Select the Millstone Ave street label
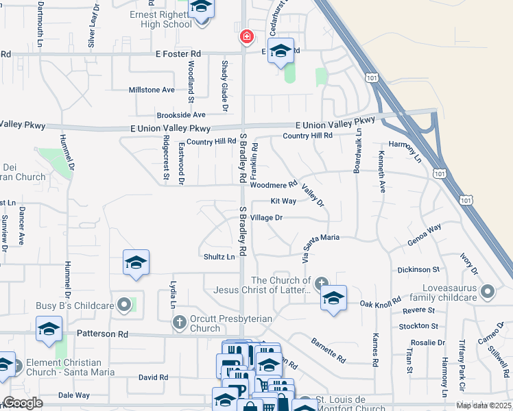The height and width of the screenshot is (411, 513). [x=152, y=90]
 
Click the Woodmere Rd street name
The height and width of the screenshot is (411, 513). [x=273, y=184]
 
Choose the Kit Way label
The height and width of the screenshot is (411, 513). [x=283, y=201]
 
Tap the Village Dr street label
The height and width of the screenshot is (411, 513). [x=267, y=217]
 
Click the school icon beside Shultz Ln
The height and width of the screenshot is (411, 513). [x=136, y=263]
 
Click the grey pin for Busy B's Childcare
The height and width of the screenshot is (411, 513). [x=124, y=303]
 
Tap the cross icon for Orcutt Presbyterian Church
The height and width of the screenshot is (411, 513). [x=180, y=321]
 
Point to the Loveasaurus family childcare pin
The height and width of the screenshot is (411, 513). [x=488, y=292]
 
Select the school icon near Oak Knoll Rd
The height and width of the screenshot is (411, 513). [x=333, y=298]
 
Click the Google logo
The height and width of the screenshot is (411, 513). [x=23, y=403]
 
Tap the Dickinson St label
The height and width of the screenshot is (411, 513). [x=418, y=270]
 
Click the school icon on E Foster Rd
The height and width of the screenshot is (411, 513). [x=280, y=51]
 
